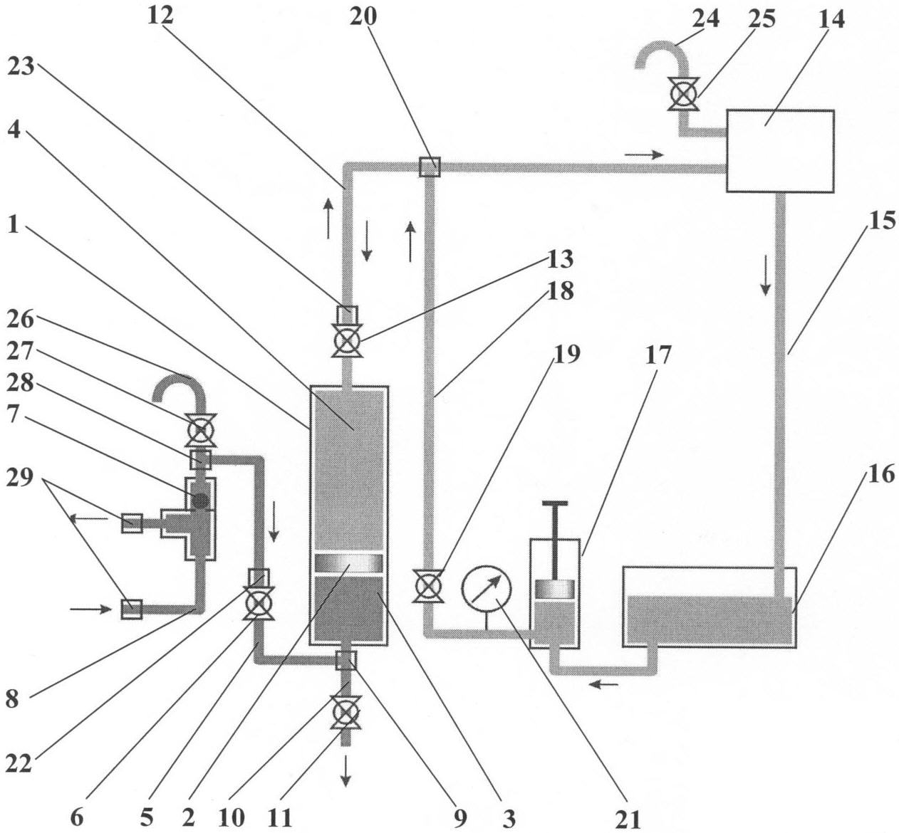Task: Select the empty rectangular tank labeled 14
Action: tap(779, 151)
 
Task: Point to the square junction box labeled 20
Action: tap(430, 167)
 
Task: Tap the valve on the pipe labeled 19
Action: tap(427, 587)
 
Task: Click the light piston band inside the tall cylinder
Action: tap(349, 563)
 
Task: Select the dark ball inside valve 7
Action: tap(201, 501)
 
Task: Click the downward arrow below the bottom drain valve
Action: tap(345, 770)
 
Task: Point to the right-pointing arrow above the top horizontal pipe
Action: tap(644, 154)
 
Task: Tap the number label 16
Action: tap(881, 474)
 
